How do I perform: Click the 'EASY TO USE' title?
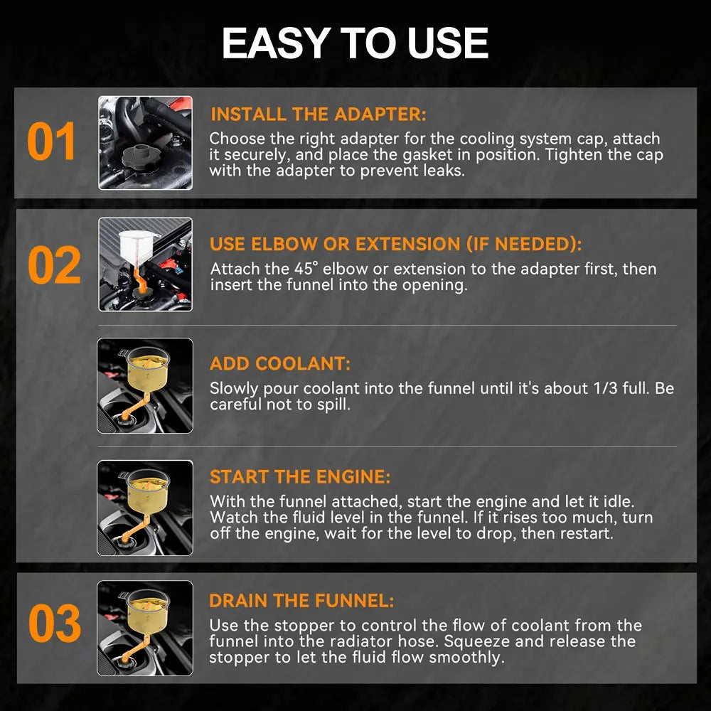355,43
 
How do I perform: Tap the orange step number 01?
50,141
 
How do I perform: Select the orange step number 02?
54,265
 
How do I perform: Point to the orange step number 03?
55,623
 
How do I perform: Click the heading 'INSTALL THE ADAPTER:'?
319,114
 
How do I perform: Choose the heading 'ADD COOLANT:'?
279,363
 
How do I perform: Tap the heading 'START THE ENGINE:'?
300,477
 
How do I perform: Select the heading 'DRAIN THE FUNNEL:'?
301,601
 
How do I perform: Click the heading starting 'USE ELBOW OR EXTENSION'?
395,244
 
